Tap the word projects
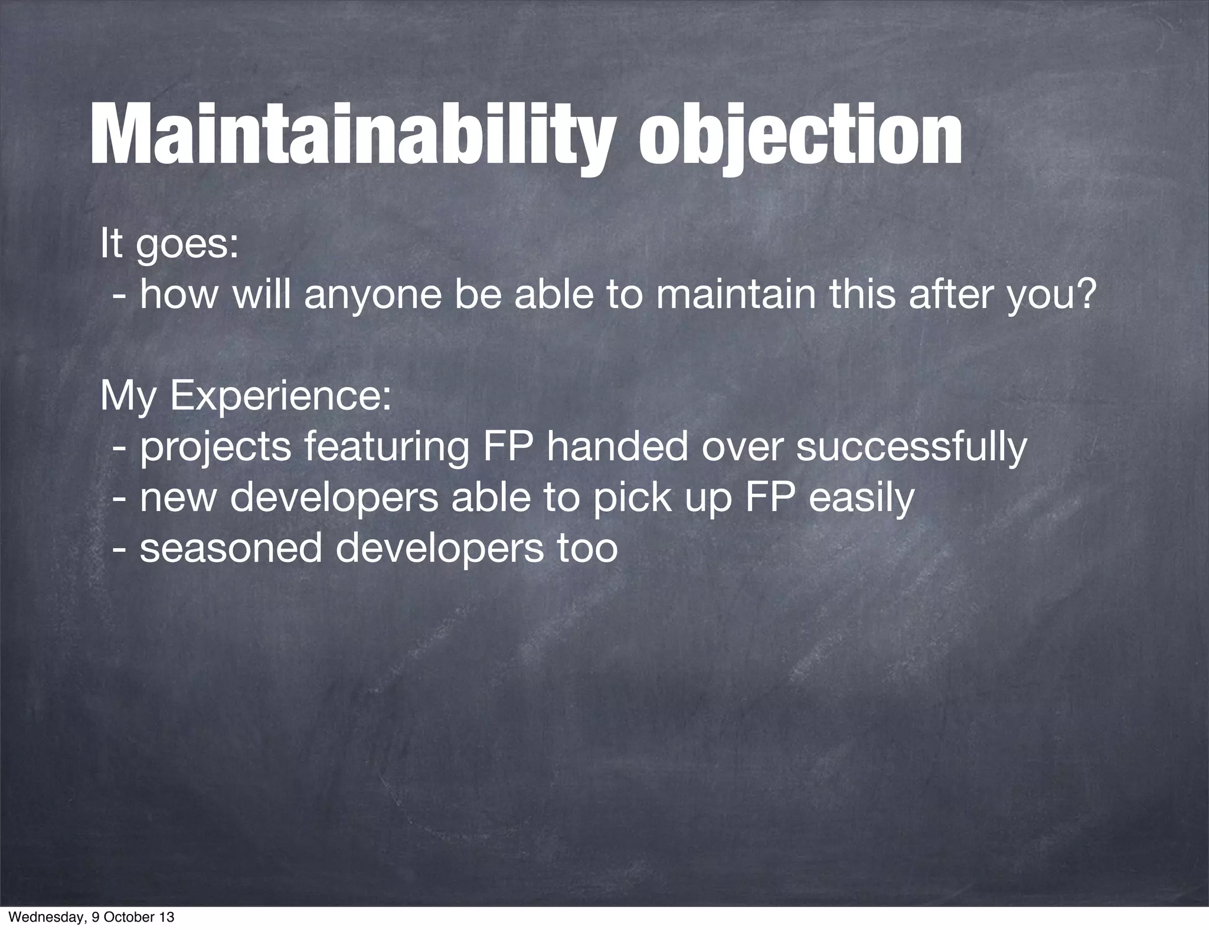click(215, 447)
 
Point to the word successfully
click(911, 447)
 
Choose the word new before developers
click(178, 497)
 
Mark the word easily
click(861, 497)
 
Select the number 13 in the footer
click(167, 918)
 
